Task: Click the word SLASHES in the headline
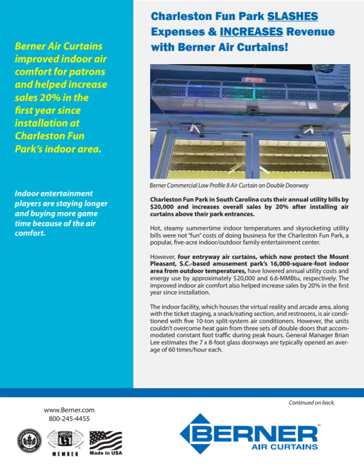point(293,15)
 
